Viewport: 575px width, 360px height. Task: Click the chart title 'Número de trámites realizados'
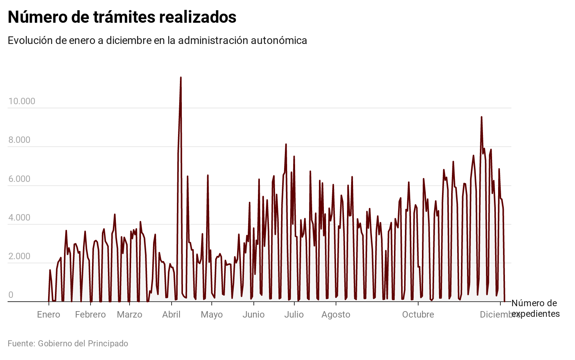click(122, 17)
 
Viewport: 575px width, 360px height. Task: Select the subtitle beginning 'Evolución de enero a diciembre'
click(157, 41)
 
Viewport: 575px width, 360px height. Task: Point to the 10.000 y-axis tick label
click(22, 101)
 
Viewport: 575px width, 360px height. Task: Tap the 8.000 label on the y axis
click(19, 140)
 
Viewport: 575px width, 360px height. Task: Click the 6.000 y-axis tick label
click(19, 179)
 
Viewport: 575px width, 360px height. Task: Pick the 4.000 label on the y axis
click(19, 218)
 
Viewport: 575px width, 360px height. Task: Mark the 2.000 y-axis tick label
click(19, 256)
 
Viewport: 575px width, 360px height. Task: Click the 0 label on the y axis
click(11, 295)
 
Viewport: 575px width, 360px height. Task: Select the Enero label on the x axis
click(48, 315)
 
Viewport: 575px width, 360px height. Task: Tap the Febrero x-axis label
click(90, 315)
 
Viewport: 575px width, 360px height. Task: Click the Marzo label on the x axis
click(130, 315)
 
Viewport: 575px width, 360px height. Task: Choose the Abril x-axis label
click(171, 315)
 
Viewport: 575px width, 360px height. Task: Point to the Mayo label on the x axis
click(212, 315)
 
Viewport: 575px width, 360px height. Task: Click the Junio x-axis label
click(253, 315)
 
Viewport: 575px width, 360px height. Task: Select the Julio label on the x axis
click(294, 315)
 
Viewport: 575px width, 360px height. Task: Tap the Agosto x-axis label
click(336, 315)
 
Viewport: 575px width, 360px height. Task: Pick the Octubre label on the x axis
click(418, 315)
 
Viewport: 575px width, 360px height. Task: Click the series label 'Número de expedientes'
click(535, 308)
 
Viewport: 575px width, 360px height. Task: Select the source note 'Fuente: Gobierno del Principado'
click(68, 344)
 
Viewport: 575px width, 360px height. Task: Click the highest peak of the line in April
click(181, 78)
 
